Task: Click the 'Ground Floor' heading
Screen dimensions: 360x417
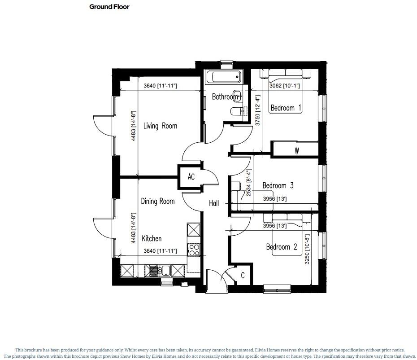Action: (109, 7)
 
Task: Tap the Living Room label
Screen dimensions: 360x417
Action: (160, 126)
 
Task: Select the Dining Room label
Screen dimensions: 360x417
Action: (157, 202)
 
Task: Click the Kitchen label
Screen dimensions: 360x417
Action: (152, 238)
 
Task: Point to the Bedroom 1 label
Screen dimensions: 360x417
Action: (286, 108)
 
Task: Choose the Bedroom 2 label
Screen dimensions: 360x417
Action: (282, 247)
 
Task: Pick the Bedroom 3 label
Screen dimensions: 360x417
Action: (278, 185)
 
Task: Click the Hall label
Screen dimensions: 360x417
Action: (214, 203)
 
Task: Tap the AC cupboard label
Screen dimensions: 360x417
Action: (191, 177)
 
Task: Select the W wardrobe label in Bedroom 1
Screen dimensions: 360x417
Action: (296, 151)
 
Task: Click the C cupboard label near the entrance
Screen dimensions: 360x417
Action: (243, 276)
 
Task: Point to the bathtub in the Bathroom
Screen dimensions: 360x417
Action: (223, 77)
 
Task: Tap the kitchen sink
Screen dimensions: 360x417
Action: (159, 270)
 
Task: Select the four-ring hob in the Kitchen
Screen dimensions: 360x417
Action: (194, 250)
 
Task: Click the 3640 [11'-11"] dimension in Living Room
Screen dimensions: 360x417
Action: (160, 86)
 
